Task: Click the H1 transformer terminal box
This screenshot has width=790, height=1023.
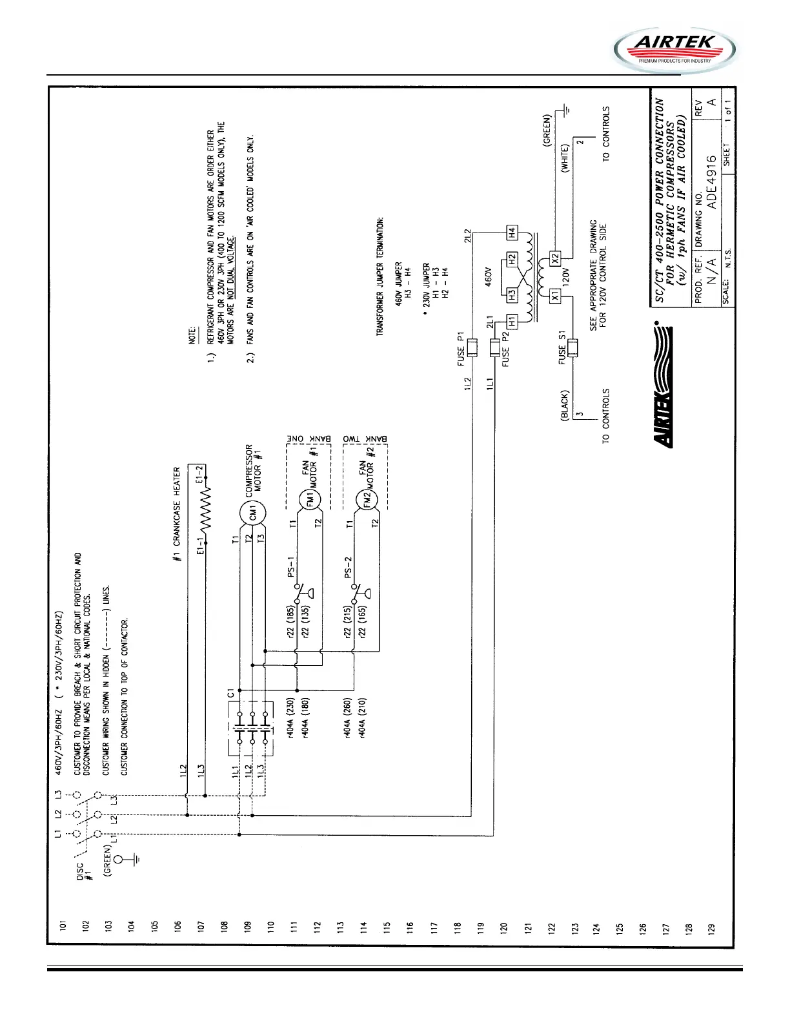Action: pos(511,321)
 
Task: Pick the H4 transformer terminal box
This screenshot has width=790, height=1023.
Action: pos(511,232)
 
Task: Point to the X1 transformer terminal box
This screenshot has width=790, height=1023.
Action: pos(555,296)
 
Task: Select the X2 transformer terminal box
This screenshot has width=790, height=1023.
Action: pos(555,257)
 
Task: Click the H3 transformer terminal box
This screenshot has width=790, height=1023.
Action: pos(511,295)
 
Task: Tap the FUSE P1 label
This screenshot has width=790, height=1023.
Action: pos(461,349)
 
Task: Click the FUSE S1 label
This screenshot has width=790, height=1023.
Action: pos(562,349)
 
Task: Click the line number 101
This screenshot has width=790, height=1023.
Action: pos(63,927)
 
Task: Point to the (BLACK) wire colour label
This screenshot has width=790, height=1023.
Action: pos(565,406)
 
